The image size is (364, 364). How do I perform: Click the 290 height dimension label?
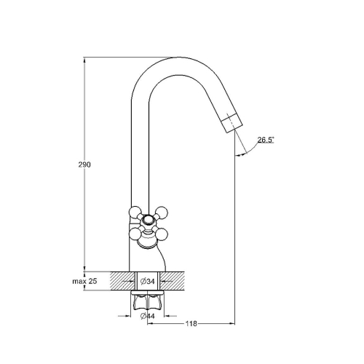coord(84,165)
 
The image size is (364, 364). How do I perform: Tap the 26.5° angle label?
coord(266,140)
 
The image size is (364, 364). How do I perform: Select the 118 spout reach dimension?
coord(191,323)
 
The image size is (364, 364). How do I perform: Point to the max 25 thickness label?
coord(84,281)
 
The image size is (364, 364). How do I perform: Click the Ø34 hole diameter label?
coord(148,282)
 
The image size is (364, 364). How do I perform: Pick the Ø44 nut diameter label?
coord(148,316)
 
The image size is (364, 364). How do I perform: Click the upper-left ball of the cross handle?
coord(135,212)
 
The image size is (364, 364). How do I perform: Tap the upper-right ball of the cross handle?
coord(162,212)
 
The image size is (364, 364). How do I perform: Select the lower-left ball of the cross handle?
coord(135,234)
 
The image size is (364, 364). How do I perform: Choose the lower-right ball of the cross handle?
coord(162,234)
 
